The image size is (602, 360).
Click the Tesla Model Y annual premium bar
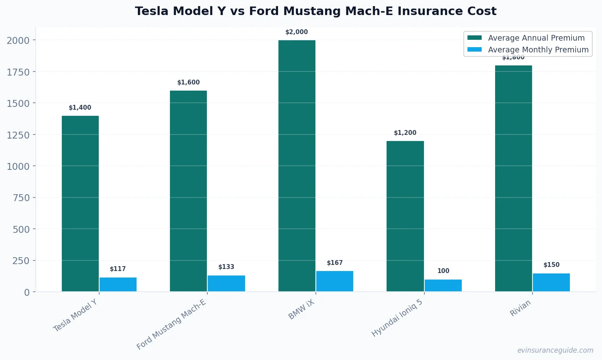(80, 204)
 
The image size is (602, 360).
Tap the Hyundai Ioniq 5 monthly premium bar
(443, 285)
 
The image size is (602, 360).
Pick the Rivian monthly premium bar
(551, 282)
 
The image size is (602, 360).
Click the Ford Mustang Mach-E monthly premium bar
(226, 283)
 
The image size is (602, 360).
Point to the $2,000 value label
(297, 32)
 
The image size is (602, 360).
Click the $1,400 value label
(80, 108)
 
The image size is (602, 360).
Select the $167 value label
(335, 263)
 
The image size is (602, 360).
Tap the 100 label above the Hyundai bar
(443, 271)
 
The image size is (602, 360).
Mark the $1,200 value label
(405, 133)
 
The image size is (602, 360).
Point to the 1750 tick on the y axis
(18, 72)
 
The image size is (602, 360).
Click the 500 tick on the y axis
(21, 229)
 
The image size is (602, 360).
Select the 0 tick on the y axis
(27, 292)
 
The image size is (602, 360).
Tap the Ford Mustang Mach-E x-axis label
(172, 324)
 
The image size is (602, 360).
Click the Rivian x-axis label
(520, 308)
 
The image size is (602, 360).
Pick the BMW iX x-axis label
(301, 310)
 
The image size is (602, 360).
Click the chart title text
(315, 11)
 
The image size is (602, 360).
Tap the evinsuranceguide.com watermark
(555, 350)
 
